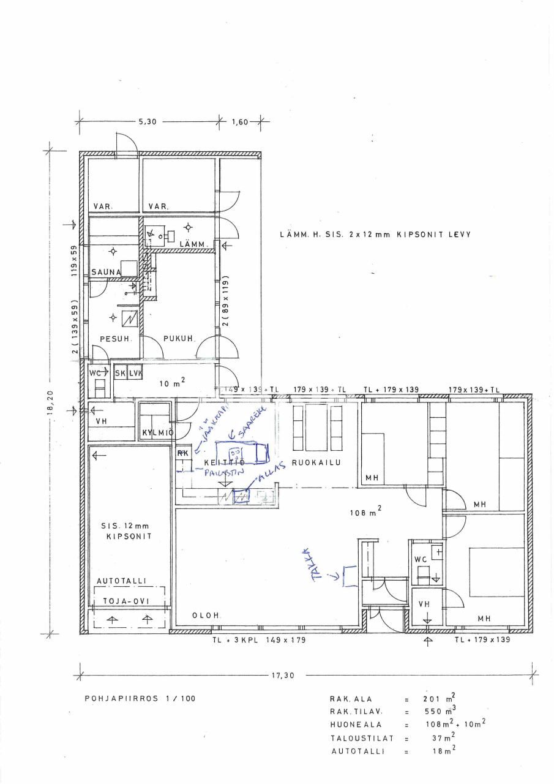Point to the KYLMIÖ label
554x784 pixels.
pos(157,433)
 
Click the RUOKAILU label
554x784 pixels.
pos(316,463)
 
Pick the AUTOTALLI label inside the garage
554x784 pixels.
pos(125,580)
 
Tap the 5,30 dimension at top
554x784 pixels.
pos(148,121)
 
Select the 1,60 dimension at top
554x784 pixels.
pos(239,121)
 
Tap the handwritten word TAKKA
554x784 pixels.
pos(316,562)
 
